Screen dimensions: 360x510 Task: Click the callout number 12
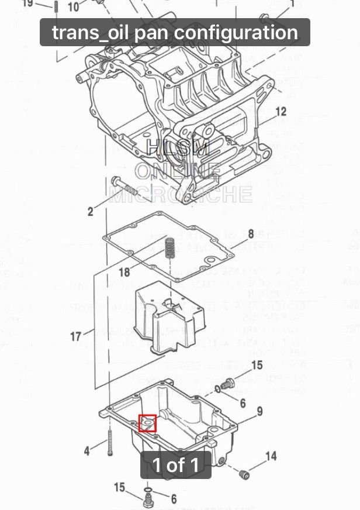[x=281, y=111]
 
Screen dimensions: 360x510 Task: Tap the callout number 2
[x=91, y=211]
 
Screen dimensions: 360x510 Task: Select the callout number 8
[x=251, y=233]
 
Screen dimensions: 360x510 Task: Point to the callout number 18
[x=124, y=272]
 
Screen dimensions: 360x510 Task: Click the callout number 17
[x=76, y=336]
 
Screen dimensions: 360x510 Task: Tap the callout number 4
[x=87, y=450]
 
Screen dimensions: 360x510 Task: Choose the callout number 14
[x=271, y=456]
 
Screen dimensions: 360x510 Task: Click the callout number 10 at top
[x=74, y=7]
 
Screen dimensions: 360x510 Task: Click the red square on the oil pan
[x=147, y=422]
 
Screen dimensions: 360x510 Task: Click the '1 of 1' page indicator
[x=175, y=465]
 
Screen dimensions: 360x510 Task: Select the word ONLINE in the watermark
[x=178, y=171]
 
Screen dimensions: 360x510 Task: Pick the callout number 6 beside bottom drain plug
[x=174, y=499]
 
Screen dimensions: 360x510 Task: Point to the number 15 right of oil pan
[x=257, y=367]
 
